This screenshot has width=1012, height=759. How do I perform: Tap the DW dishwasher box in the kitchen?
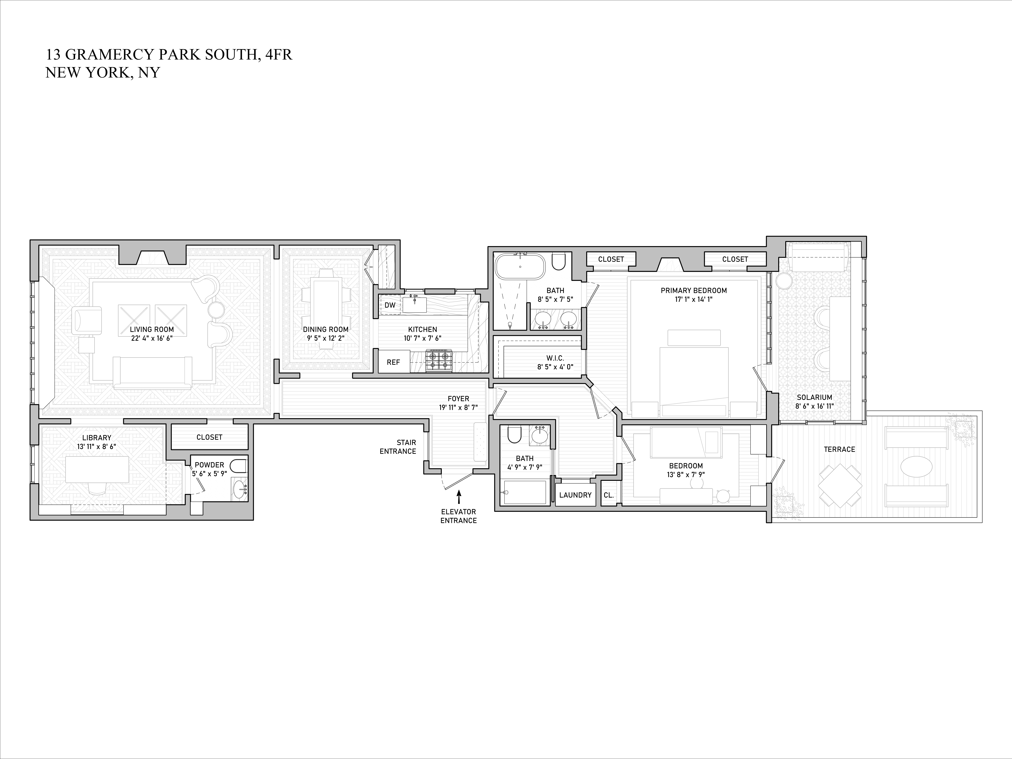pos(390,305)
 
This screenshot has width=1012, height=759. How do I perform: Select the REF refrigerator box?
pos(393,362)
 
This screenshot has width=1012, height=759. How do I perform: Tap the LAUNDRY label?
pos(575,495)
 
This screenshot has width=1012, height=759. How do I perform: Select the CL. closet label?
pos(609,495)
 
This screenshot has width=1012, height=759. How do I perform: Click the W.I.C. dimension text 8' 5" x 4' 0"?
pos(555,366)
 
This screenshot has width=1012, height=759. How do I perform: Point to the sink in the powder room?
pos(240,491)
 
